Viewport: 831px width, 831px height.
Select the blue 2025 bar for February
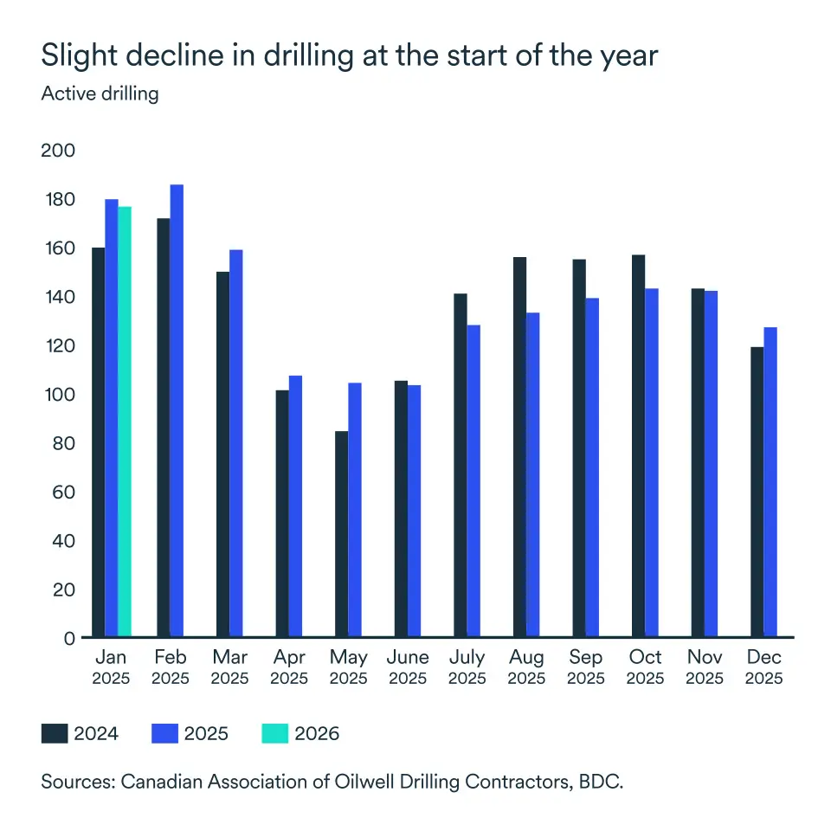click(177, 411)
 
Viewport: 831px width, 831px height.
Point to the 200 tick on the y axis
click(59, 151)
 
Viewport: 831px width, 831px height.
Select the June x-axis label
click(408, 658)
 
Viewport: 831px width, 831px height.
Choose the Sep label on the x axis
click(586, 658)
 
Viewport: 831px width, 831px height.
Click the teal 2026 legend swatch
click(274, 734)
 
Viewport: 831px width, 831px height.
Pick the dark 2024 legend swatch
click(55, 734)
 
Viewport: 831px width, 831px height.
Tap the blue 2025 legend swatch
click(164, 734)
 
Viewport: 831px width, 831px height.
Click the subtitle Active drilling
click(100, 93)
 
